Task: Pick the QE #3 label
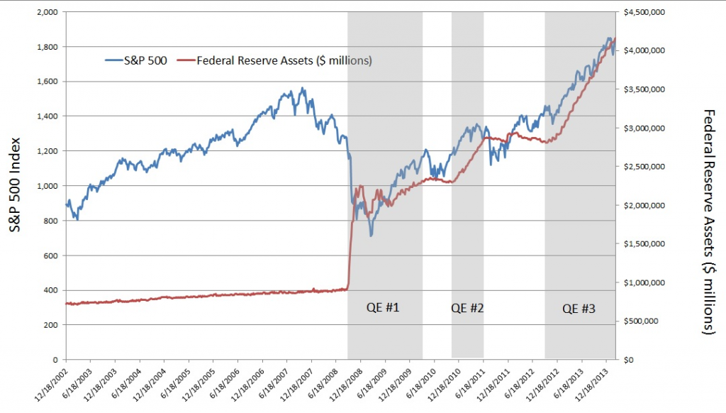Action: tap(579, 309)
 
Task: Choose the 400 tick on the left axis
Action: tap(52, 290)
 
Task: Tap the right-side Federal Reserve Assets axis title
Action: tap(708, 221)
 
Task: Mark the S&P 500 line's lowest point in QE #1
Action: tap(371, 235)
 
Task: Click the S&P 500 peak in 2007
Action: tap(303, 89)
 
